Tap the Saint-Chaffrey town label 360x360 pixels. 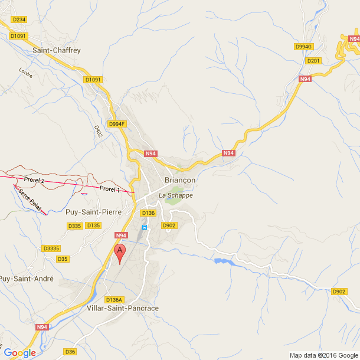[57, 51]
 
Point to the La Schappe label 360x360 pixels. [176, 195]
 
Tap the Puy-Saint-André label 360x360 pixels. [26, 279]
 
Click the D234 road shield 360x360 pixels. [19, 19]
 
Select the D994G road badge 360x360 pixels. [303, 46]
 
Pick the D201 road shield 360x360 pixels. [313, 60]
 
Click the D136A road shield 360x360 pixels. [114, 299]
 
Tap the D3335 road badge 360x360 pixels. [51, 248]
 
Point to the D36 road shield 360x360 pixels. [70, 352]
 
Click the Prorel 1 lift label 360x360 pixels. [110, 189]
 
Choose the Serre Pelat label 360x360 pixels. [30, 201]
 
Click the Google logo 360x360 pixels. [19, 353]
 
